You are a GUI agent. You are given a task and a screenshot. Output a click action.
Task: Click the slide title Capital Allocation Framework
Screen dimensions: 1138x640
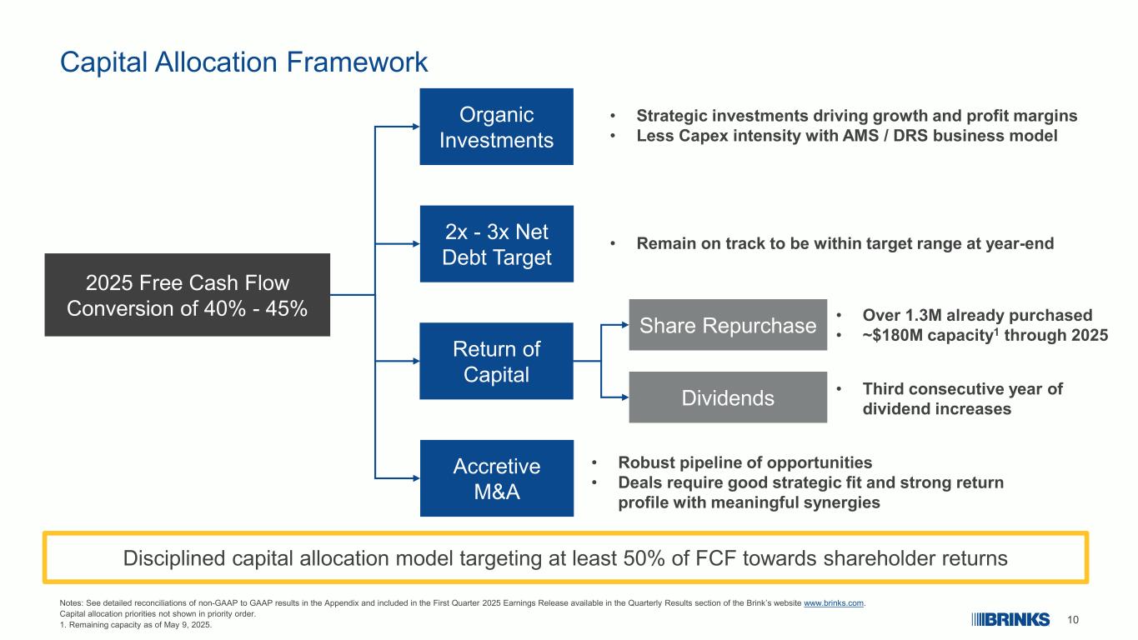[243, 62]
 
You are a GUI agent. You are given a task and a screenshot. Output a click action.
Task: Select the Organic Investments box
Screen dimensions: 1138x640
[496, 127]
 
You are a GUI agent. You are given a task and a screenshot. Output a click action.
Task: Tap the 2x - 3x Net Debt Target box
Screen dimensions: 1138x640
[496, 244]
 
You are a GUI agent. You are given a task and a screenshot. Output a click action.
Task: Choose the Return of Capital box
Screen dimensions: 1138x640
[496, 361]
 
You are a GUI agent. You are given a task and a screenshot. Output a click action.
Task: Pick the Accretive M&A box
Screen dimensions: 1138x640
[496, 478]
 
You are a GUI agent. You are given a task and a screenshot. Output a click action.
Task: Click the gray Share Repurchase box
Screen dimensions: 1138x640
[728, 325]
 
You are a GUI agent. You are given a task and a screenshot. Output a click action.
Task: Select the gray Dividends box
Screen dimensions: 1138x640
[728, 397]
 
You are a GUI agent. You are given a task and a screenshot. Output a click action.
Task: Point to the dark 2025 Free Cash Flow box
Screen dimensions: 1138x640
[187, 295]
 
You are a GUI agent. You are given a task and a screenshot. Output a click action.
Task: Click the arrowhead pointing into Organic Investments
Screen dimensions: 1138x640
[416, 127]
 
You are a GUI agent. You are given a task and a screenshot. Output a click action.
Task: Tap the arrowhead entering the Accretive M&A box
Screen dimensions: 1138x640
[416, 478]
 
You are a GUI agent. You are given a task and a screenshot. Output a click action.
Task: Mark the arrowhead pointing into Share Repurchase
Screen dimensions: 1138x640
[625, 325]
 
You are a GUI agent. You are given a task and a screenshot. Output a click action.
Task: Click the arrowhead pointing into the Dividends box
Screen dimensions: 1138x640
[625, 397]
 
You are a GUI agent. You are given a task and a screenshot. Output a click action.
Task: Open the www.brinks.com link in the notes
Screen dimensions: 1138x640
[834, 603]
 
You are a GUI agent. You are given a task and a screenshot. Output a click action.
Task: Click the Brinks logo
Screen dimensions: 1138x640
[1010, 620]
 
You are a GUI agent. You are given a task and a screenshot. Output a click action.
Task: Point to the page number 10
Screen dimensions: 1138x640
[1072, 620]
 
